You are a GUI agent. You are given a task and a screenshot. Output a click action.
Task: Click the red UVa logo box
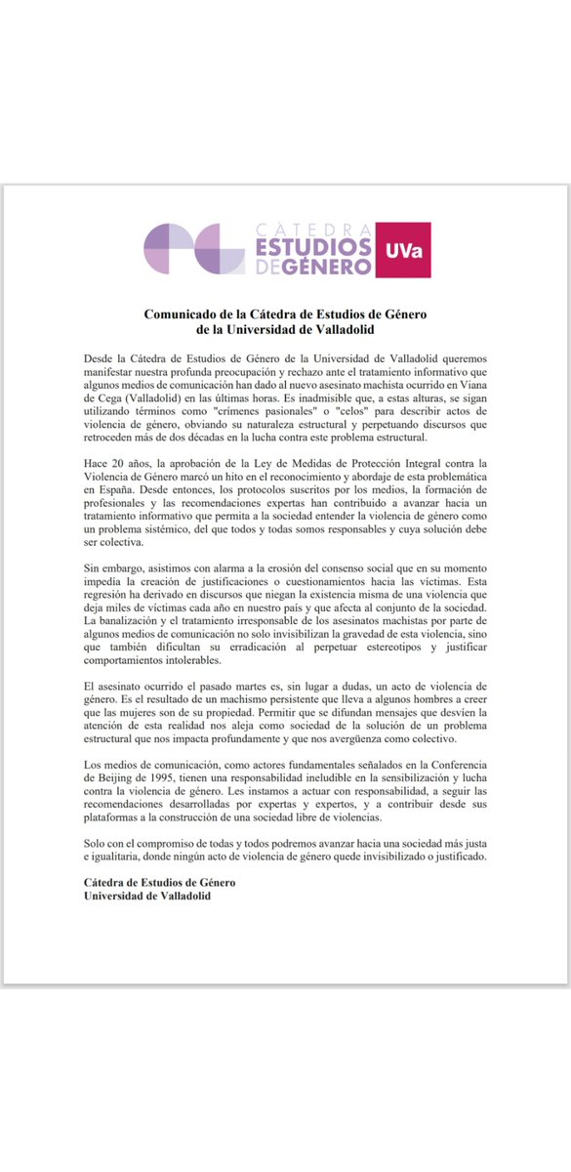pos(403,250)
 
